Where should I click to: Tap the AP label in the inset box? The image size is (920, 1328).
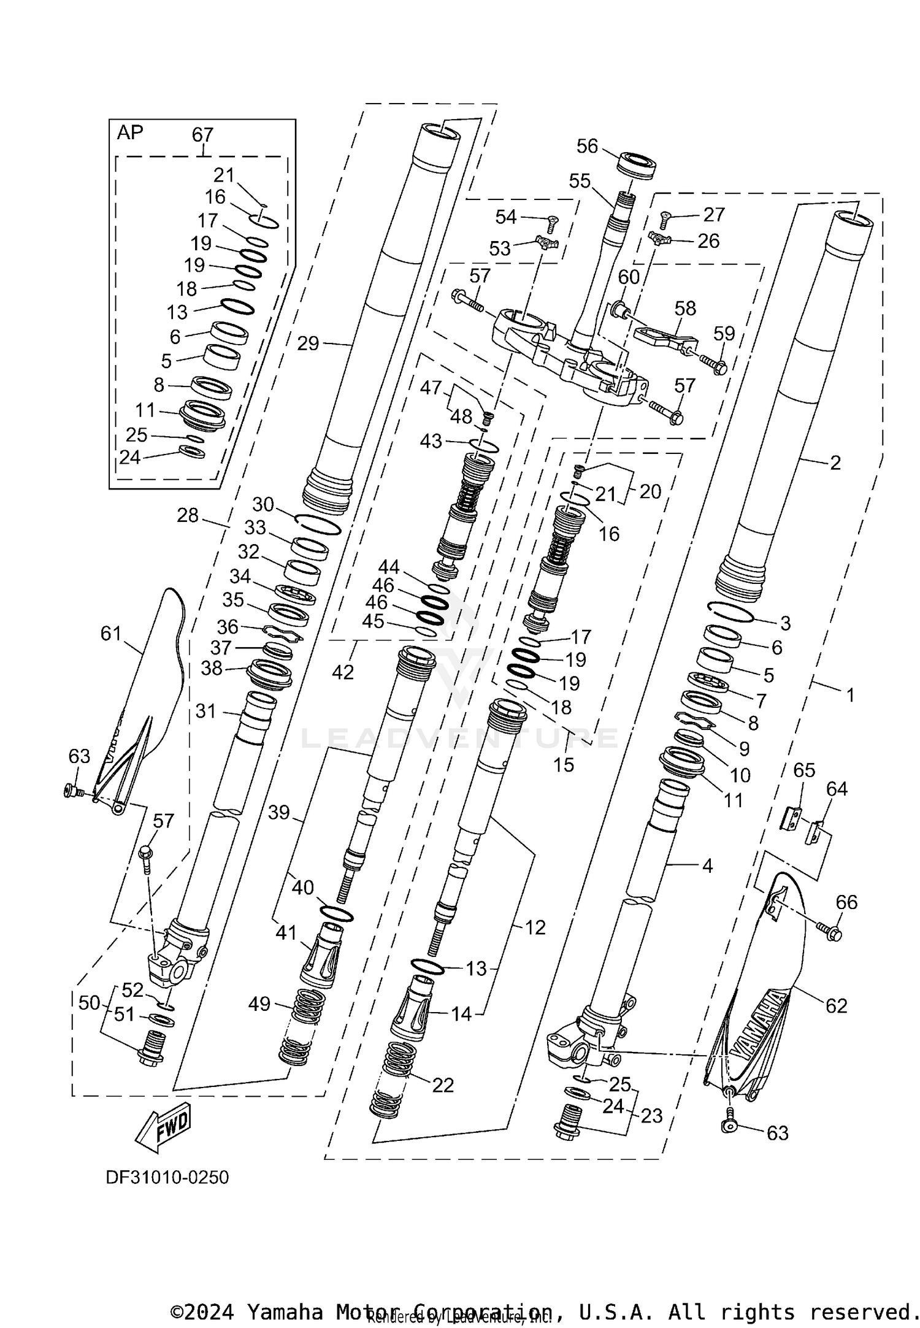click(x=130, y=132)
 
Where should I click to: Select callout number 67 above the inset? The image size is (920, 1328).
click(x=202, y=134)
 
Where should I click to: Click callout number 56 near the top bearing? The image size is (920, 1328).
click(x=587, y=146)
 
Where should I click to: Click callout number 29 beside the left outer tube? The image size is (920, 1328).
click(x=308, y=344)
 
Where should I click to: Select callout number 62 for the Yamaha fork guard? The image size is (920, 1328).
click(x=836, y=1006)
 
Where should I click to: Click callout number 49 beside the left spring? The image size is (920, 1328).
click(x=260, y=1004)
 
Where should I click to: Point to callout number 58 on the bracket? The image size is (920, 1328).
click(x=685, y=308)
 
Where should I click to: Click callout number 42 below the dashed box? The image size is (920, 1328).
click(x=343, y=672)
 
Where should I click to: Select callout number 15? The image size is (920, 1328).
click(x=564, y=764)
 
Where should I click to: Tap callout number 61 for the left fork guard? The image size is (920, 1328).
click(x=111, y=633)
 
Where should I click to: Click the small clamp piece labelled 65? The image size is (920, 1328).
click(x=791, y=818)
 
